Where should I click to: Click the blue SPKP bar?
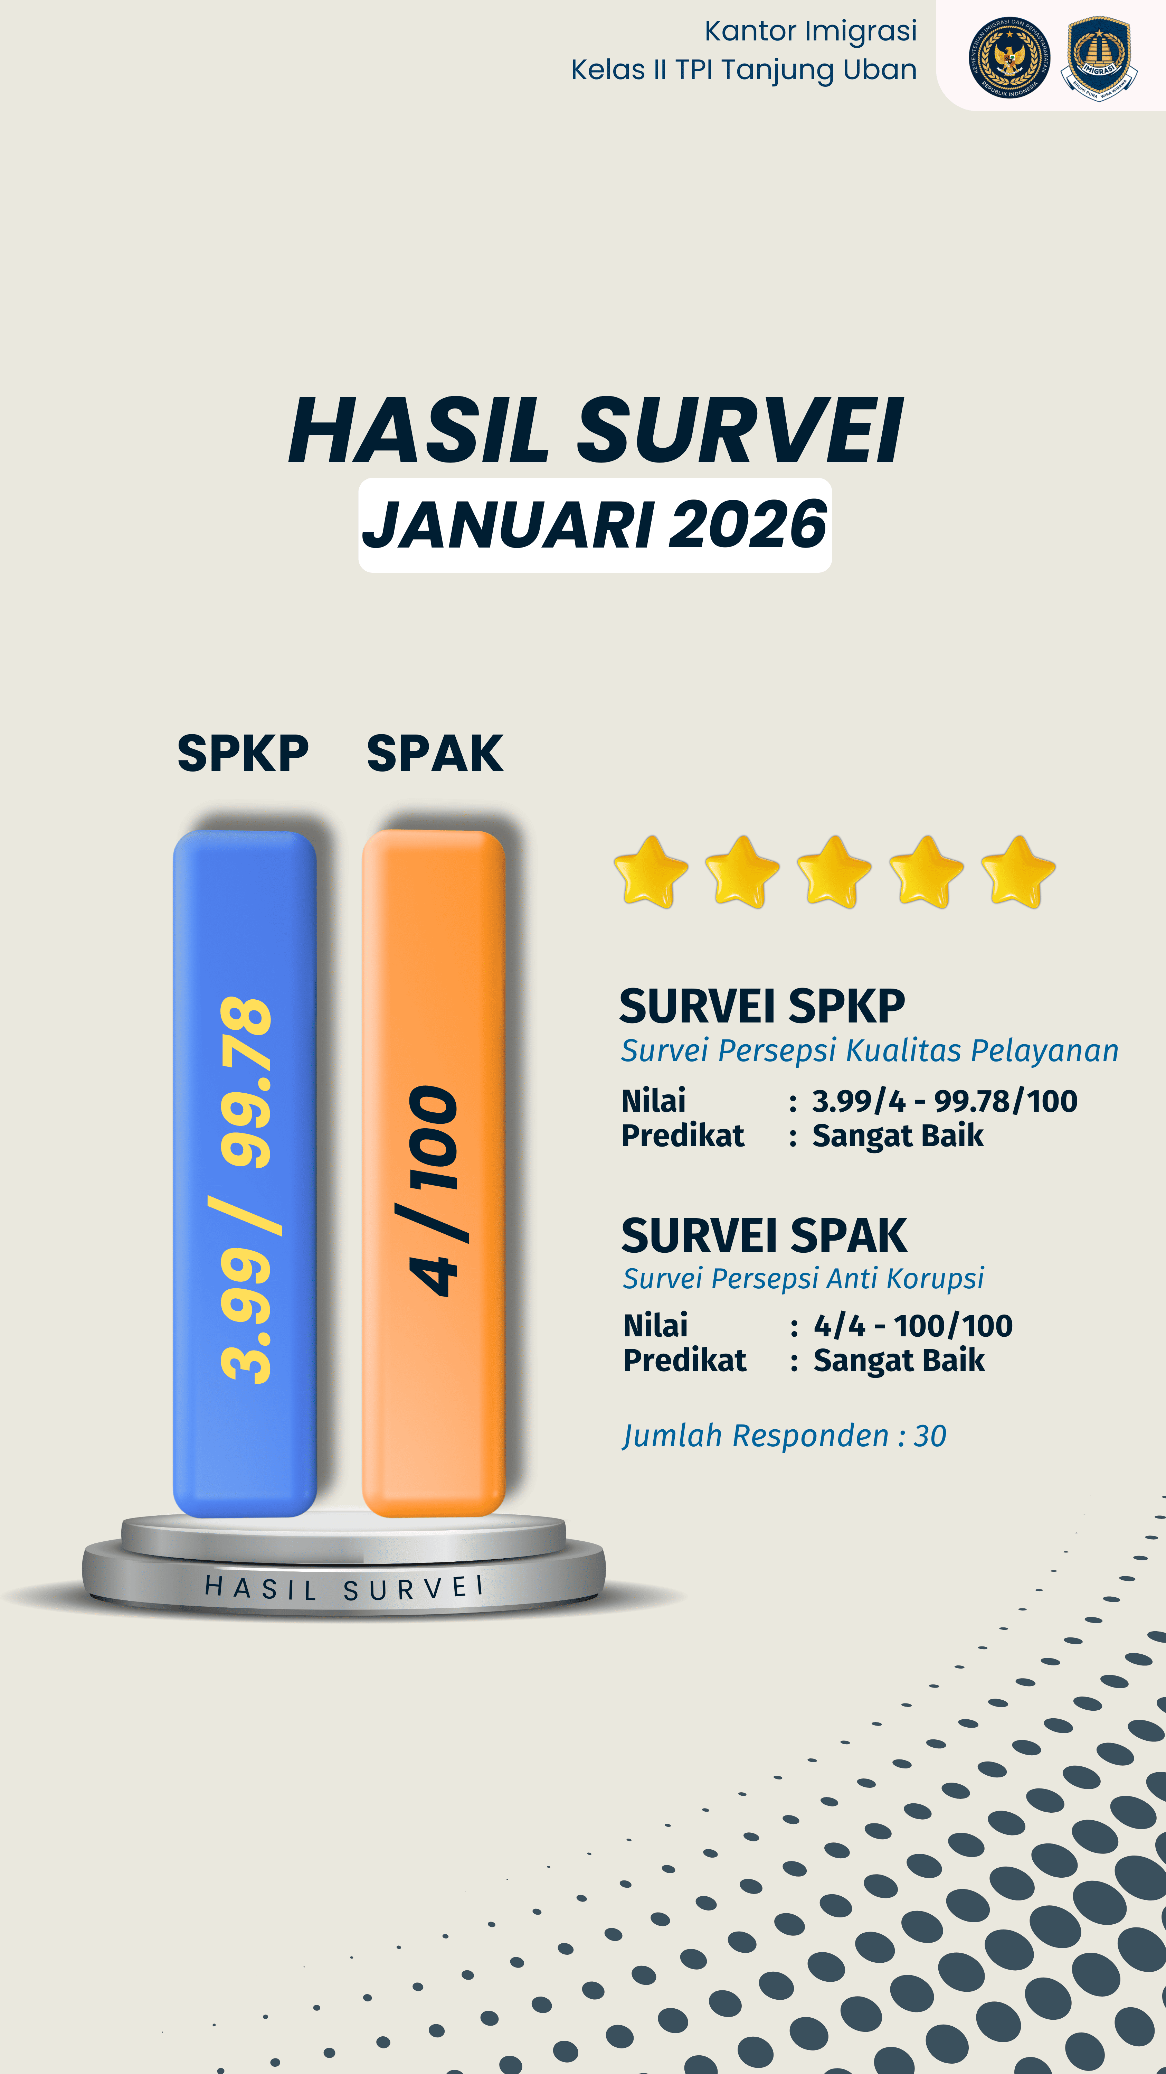(245, 1174)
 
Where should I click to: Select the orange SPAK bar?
(434, 1174)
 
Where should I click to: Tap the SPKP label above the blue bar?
(243, 754)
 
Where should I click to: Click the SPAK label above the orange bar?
(435, 754)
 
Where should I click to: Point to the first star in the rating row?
(650, 872)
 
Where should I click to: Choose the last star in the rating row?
(1018, 872)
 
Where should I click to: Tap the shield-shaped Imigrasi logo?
(1099, 58)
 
